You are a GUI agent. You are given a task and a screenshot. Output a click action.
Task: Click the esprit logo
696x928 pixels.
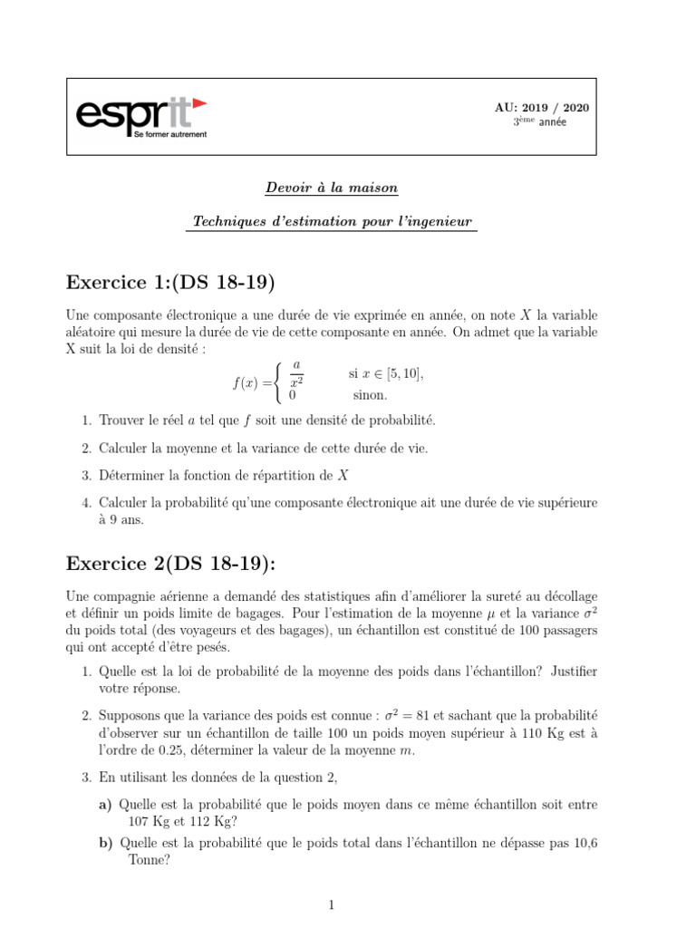tap(140, 115)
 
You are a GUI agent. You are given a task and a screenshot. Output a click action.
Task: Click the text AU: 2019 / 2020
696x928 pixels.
tap(541, 108)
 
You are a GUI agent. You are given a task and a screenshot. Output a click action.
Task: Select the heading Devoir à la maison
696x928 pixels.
tap(331, 188)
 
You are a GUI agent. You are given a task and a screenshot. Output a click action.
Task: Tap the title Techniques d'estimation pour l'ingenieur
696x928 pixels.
tap(331, 222)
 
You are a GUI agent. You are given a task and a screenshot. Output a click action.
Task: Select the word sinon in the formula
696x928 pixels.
tap(370, 395)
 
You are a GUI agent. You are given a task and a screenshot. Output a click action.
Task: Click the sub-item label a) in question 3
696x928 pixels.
tap(104, 805)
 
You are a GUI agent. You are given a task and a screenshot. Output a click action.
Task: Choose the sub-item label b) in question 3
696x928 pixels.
tap(104, 843)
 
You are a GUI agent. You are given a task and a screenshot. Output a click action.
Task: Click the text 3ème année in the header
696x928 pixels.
tap(540, 123)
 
